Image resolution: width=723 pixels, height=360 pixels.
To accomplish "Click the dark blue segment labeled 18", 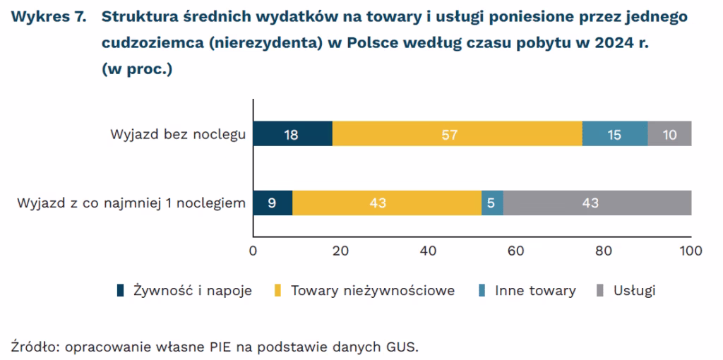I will click(x=292, y=133).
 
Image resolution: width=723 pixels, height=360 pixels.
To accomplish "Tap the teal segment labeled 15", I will click(x=614, y=133).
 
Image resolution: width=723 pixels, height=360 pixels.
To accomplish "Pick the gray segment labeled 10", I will click(x=669, y=133).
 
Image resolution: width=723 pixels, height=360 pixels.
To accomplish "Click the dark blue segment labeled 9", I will click(x=273, y=203).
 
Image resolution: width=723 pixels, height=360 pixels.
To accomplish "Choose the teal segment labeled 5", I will click(x=492, y=203).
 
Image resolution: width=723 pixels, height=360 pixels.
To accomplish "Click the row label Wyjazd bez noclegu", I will click(x=178, y=134).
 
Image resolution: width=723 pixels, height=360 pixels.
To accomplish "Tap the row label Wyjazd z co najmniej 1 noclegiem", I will click(x=131, y=204).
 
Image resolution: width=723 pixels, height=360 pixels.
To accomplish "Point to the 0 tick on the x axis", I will click(x=253, y=249).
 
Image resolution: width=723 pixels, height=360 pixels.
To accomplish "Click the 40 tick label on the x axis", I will click(x=428, y=249).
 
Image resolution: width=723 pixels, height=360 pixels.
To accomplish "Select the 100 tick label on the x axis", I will click(x=690, y=249).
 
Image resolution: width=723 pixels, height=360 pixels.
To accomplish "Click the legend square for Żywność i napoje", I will click(x=121, y=290).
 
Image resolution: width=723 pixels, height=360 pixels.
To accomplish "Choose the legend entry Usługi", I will click(x=635, y=290).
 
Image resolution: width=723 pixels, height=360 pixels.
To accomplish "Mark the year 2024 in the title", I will click(x=603, y=42).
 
